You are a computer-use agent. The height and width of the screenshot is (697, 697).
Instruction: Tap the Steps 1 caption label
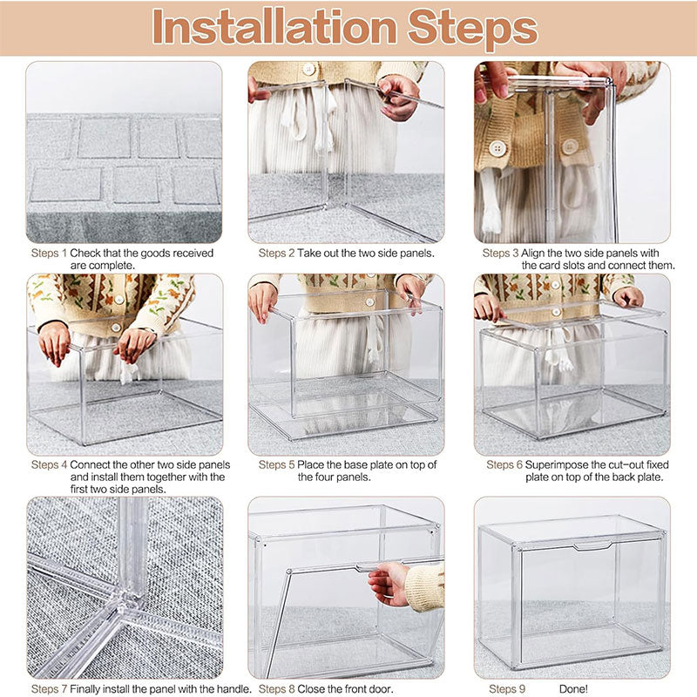coord(49,254)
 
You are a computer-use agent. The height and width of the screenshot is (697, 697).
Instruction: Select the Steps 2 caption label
coord(276,254)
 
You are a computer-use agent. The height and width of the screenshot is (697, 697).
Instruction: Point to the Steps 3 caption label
coord(501,254)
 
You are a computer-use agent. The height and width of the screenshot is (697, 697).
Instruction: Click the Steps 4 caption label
coord(49,465)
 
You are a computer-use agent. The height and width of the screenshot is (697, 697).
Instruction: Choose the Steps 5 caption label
coord(276,465)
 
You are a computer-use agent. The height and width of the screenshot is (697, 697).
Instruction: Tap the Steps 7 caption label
coord(49,689)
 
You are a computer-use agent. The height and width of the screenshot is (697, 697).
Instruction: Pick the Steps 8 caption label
coord(276,689)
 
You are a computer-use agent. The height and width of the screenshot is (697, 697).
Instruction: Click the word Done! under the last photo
coord(575,689)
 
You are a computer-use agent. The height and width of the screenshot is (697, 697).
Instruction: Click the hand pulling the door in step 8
coord(389,582)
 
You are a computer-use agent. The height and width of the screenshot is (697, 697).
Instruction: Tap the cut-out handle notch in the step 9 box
coord(592,546)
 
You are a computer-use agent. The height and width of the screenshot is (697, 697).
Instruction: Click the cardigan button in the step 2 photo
coord(308,69)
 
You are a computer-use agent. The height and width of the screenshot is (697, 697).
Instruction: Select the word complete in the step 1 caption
coord(115,265)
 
